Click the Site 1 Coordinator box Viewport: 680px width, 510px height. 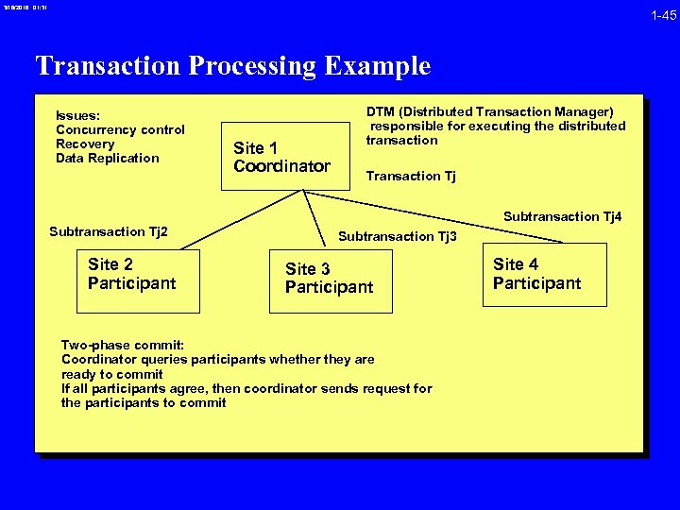[x=281, y=157]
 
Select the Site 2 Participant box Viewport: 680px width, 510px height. [x=138, y=280]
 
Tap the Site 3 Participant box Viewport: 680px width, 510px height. [x=329, y=279]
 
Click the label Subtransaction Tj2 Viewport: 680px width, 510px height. [x=109, y=232]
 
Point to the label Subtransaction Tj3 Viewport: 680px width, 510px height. [x=397, y=236]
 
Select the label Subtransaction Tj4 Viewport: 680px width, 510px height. [x=562, y=217]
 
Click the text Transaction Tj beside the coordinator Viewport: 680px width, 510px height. [x=410, y=176]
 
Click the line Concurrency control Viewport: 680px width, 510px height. [x=120, y=130]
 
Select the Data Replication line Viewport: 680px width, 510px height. [x=107, y=158]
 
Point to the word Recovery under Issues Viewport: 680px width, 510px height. [x=85, y=144]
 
